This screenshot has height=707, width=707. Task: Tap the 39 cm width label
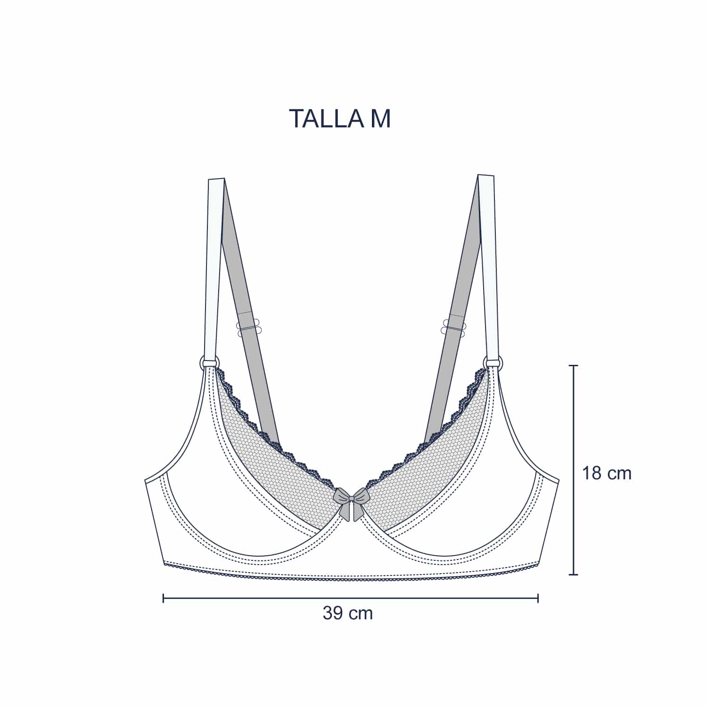348,613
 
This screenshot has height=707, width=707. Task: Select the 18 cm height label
607,473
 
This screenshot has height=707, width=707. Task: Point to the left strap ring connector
209,362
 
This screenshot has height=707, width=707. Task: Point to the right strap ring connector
493,362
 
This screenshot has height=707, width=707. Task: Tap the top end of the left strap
216,179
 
